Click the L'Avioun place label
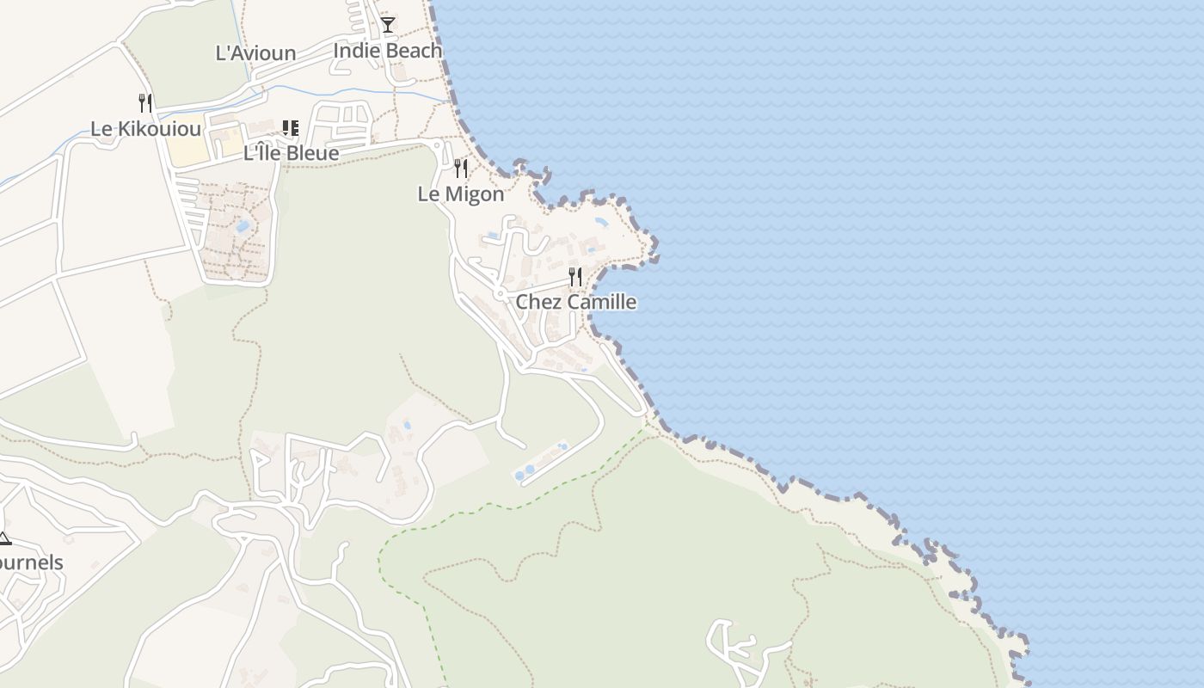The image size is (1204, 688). point(255,53)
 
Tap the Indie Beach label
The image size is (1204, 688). point(387,51)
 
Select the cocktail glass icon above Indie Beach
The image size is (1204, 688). point(388,24)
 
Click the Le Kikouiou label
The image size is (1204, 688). point(146,130)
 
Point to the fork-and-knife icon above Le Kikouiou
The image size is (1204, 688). point(145,103)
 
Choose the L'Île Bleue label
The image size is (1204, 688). point(291,154)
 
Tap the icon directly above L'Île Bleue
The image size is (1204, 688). point(291,128)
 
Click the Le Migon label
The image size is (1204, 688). point(461,194)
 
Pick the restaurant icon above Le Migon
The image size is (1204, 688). point(461,168)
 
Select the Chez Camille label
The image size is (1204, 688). point(575,302)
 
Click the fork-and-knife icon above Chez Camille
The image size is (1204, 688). point(575,277)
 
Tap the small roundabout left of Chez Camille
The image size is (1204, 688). point(499,295)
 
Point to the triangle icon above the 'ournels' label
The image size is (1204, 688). point(4,539)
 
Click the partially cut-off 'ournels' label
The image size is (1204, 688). point(31,563)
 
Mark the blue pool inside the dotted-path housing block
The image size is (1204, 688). point(243,226)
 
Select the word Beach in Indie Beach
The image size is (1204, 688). point(414,51)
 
